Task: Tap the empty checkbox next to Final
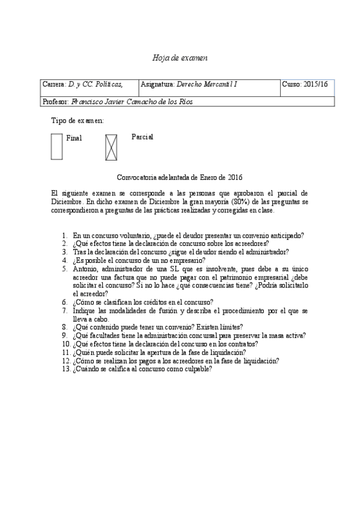tap(56, 147)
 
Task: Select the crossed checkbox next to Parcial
tap(111, 147)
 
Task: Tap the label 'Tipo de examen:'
tap(78, 121)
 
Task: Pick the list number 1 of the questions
tap(65, 236)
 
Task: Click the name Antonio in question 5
tap(85, 269)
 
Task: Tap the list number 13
tap(66, 369)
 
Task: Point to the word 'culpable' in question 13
tap(197, 369)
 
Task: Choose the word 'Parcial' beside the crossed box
tap(142, 137)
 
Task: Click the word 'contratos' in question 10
tap(242, 344)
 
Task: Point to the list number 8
tap(65, 327)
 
